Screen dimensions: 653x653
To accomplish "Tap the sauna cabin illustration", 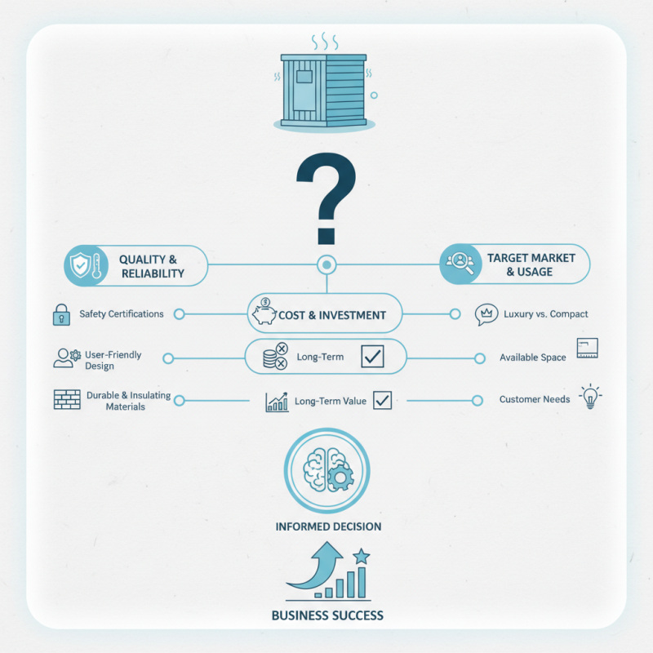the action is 324,90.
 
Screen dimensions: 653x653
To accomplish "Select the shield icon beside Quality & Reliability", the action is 80,264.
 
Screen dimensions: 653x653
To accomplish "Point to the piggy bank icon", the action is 264,313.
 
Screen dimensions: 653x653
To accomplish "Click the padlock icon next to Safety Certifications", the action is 62,314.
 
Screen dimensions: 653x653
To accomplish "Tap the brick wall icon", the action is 67,399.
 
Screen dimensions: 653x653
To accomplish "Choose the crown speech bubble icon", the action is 486,314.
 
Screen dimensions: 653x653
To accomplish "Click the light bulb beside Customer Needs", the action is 590,397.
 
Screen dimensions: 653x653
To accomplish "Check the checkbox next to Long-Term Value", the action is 382,400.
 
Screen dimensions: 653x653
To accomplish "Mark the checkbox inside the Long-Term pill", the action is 372,356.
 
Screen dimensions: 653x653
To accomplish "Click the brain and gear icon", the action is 328,470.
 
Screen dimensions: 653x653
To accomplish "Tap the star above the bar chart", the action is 361,556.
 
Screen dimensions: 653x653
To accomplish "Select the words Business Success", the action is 327,615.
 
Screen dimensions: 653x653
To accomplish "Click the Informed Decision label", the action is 328,526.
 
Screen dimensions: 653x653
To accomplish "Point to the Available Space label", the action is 533,358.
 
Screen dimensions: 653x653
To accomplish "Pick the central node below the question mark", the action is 326,264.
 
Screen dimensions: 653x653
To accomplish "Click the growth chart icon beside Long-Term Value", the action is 277,402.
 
